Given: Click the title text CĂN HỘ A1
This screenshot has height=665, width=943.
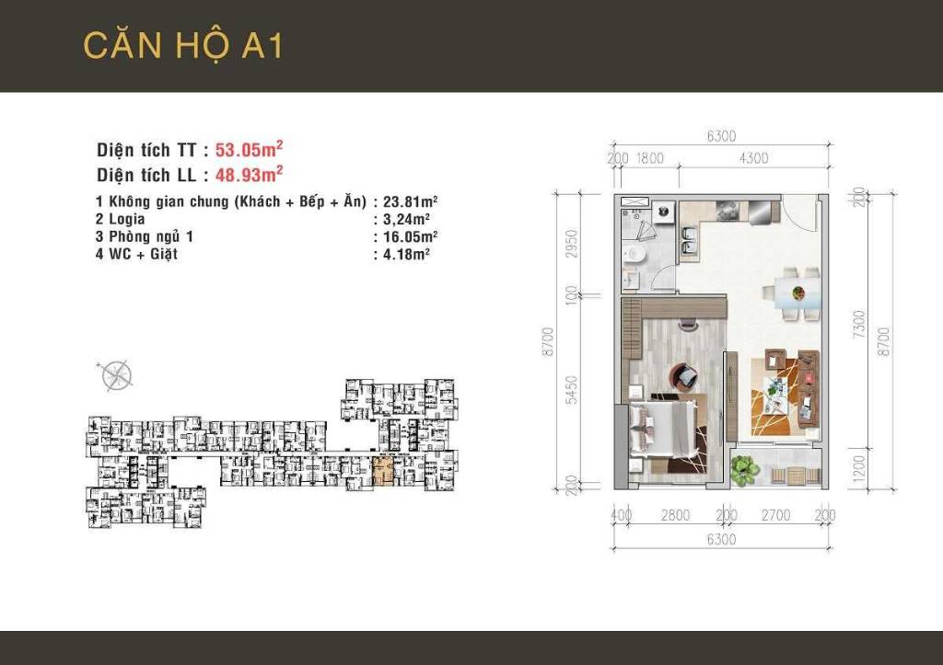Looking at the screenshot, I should (x=182, y=45).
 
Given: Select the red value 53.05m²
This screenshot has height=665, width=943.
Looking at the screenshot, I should (x=248, y=150).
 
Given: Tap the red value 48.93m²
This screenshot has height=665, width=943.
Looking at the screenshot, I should (x=248, y=173).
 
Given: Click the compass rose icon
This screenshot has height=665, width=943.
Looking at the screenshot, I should (x=116, y=374).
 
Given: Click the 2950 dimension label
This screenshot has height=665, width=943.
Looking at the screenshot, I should (x=571, y=244).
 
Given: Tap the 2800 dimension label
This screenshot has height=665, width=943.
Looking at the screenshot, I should (x=675, y=516).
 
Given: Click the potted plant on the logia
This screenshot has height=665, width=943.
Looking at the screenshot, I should (x=744, y=470).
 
